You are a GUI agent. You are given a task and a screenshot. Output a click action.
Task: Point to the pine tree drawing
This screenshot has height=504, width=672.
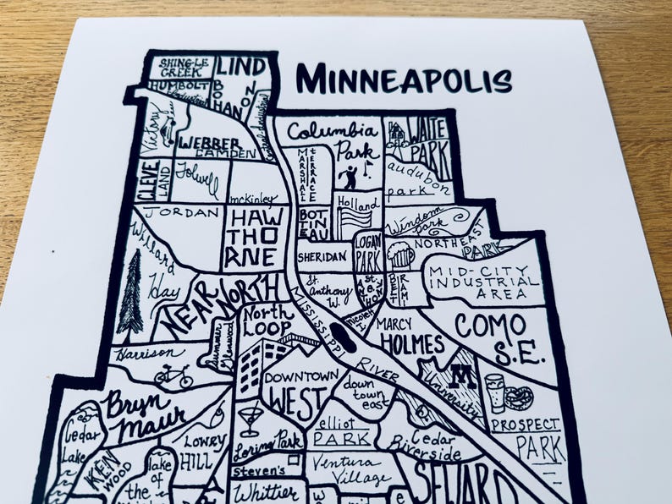130,293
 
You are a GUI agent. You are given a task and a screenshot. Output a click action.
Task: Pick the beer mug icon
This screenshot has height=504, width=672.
400,254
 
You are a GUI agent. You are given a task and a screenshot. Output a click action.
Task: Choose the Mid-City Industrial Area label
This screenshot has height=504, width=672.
483,282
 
